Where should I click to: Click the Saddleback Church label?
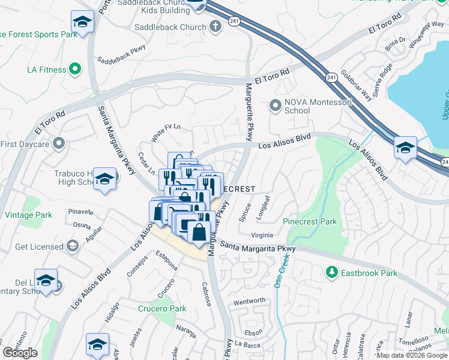(170, 27)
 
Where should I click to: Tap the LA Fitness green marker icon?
(75, 70)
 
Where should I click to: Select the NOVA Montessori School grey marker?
(276, 106)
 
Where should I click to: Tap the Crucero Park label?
(162, 308)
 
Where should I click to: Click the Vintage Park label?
(28, 215)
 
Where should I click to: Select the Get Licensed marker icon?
(73, 247)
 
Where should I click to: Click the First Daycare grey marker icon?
(59, 143)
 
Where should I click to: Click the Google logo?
(20, 353)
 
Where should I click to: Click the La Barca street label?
(246, 344)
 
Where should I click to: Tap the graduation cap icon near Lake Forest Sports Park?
(82, 22)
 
